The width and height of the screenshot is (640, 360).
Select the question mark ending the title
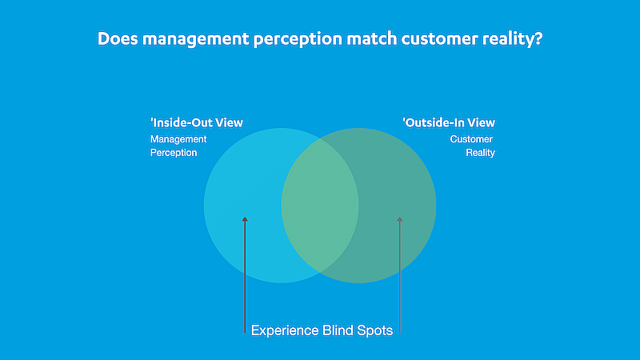(x=538, y=38)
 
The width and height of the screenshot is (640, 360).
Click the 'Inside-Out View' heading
(x=197, y=123)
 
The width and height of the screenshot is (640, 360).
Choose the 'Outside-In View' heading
(x=448, y=123)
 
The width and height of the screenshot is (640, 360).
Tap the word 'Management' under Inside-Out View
(x=178, y=138)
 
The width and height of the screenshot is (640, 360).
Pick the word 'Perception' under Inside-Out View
(x=174, y=152)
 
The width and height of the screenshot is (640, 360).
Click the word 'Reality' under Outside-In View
(x=480, y=152)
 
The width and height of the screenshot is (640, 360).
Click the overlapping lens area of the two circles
(x=320, y=206)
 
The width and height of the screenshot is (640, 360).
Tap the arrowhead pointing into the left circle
(x=245, y=218)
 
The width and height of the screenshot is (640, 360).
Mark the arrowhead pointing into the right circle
(x=399, y=218)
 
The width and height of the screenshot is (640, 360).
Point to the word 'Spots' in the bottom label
(x=374, y=330)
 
